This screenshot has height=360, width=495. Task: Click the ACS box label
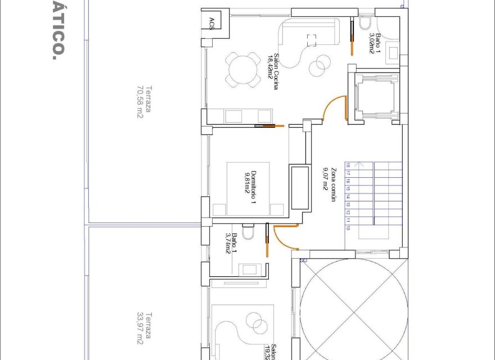(x=211, y=22)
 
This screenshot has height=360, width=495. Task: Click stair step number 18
(x=348, y=166)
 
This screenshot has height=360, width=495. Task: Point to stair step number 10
(x=348, y=229)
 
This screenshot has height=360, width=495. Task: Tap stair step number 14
(x=348, y=197)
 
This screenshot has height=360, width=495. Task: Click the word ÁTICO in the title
(x=56, y=28)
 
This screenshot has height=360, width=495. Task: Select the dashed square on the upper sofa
(x=311, y=40)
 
